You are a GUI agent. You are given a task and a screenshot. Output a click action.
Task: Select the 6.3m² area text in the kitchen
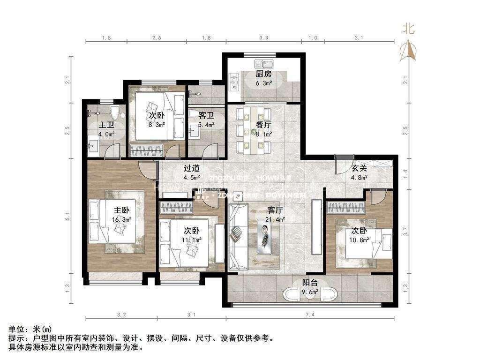263,84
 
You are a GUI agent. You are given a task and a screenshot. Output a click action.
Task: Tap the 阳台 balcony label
308,282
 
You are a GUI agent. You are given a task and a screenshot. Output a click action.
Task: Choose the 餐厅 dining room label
263,125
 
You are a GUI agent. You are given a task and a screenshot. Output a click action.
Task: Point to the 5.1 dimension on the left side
68,217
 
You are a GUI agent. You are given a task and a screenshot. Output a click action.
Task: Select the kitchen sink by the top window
261,63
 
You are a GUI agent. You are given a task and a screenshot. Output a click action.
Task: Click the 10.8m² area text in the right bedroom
359,239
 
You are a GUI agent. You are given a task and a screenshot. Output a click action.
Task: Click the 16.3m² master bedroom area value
121,219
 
